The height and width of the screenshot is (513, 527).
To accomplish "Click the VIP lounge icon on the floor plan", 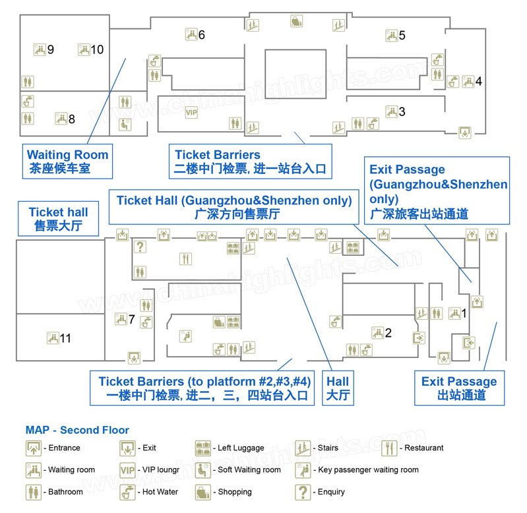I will (x=191, y=113).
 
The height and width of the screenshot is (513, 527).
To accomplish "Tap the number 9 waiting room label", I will (x=50, y=49).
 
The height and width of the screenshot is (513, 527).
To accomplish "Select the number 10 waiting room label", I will (x=96, y=49).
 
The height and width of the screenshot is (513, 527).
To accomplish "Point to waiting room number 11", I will (x=65, y=338).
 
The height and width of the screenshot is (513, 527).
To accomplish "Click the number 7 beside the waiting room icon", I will (x=132, y=320).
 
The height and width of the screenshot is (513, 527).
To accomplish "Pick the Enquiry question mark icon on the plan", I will (x=139, y=247).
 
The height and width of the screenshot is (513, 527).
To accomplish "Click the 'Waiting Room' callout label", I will (x=67, y=162).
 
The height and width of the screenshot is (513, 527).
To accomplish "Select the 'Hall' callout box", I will (x=338, y=388).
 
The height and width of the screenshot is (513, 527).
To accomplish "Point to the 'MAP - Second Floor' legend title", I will (x=77, y=430).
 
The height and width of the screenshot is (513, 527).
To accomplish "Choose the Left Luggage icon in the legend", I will (x=202, y=448).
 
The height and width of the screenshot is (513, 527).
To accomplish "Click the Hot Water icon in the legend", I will (x=127, y=492).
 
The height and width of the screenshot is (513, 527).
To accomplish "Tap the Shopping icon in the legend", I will (x=202, y=492).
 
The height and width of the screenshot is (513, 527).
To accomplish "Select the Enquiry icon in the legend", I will (x=303, y=492).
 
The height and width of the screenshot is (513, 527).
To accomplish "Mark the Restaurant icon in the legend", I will (x=390, y=448).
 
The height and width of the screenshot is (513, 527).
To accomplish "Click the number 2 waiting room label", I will (x=388, y=333).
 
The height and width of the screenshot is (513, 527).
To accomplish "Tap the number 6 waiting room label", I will (x=202, y=34).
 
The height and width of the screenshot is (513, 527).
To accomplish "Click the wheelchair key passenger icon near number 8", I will (x=123, y=123).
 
